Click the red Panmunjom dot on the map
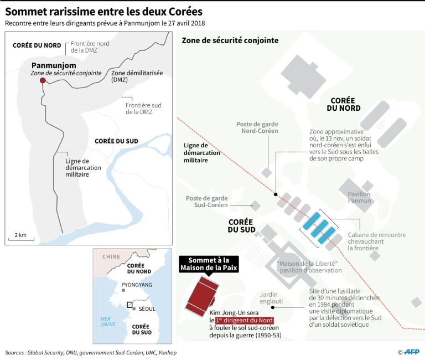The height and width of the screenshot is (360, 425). coord(43,81)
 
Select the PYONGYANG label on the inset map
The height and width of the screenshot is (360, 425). coord(137,285)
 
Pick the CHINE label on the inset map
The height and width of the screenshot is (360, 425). coord(111,256)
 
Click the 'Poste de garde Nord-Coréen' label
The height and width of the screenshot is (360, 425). coord(257,128)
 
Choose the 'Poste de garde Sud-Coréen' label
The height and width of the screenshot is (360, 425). coord(207,201)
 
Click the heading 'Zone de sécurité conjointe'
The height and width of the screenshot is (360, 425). coord(230,40)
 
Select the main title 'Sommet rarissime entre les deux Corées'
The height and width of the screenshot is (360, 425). coord(104,11)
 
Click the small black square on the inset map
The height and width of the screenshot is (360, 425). coord(129,305)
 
